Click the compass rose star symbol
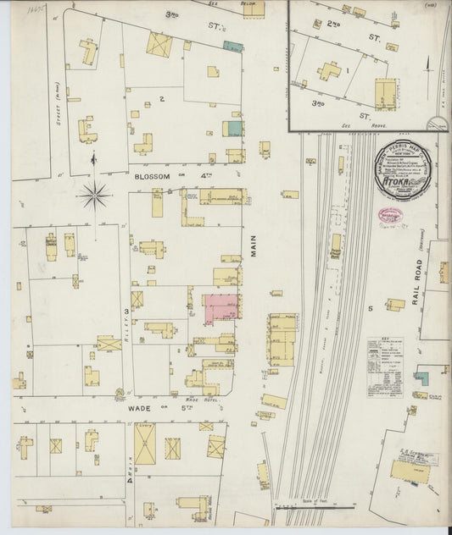[95, 196]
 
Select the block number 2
[160, 98]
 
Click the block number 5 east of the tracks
[371, 309]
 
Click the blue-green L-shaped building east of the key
[421, 378]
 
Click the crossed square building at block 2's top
[159, 44]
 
